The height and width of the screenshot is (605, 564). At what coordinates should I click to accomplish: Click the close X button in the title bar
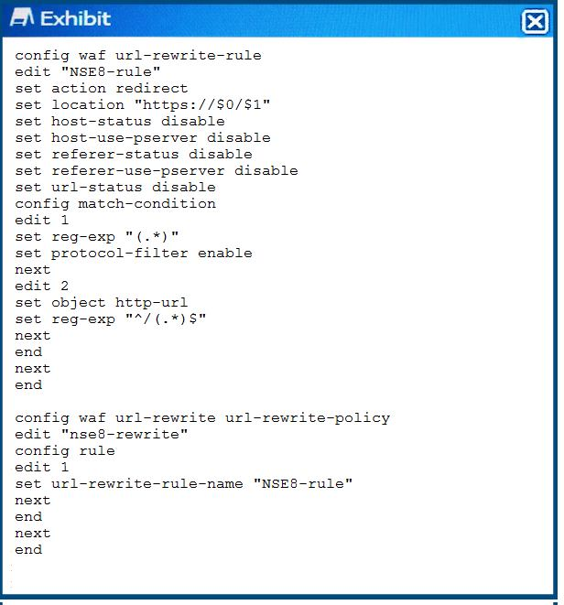pyautogui.click(x=535, y=22)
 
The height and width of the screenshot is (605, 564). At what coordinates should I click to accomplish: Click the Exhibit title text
pyautogui.click(x=76, y=19)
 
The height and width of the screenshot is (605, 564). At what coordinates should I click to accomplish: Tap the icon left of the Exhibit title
pyautogui.click(x=22, y=17)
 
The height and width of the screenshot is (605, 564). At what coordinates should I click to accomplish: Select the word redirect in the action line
pyautogui.click(x=152, y=89)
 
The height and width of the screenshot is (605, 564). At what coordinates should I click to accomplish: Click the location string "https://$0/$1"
pyautogui.click(x=202, y=105)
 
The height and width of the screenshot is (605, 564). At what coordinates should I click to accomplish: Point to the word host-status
pyautogui.click(x=101, y=121)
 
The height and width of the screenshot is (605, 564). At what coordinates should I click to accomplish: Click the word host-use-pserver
pyautogui.click(x=125, y=137)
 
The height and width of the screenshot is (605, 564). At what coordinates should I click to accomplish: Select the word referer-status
pyautogui.click(x=115, y=155)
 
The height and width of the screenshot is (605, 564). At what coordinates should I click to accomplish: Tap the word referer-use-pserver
pyautogui.click(x=138, y=171)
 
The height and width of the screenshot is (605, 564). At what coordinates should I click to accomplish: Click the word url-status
pyautogui.click(x=97, y=187)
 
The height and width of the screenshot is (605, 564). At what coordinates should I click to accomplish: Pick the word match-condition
pyautogui.click(x=146, y=204)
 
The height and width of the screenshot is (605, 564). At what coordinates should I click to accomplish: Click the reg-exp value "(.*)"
pyautogui.click(x=152, y=236)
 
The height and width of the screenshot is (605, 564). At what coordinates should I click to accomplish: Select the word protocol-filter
pyautogui.click(x=120, y=254)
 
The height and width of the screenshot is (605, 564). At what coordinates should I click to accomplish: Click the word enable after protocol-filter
pyautogui.click(x=225, y=254)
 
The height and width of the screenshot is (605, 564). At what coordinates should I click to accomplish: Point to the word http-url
pyautogui.click(x=152, y=302)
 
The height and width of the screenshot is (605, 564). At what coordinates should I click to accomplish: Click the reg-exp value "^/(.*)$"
pyautogui.click(x=166, y=319)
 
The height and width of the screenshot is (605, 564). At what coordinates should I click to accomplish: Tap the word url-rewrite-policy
pyautogui.click(x=308, y=418)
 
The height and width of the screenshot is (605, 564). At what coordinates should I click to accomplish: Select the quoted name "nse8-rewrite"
pyautogui.click(x=125, y=435)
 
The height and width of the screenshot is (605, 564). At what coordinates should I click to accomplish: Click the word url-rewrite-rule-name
pyautogui.click(x=147, y=484)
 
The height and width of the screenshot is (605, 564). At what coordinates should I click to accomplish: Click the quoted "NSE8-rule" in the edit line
pyautogui.click(x=111, y=71)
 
